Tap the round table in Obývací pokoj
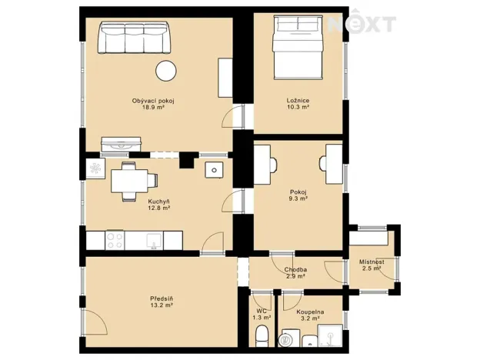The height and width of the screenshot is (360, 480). pyautogui.click(x=166, y=71)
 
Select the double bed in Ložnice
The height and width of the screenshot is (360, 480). pyautogui.click(x=298, y=45)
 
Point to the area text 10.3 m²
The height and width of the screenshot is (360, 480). pyautogui.click(x=298, y=108)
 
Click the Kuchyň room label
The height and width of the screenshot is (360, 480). pyautogui.click(x=158, y=201)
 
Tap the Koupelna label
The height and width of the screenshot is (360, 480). pyautogui.click(x=309, y=312)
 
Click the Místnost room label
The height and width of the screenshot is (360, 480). pyautogui.click(x=372, y=262)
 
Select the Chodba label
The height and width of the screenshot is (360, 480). pyautogui.click(x=296, y=269)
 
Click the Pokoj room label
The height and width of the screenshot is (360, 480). pyautogui.click(x=298, y=192)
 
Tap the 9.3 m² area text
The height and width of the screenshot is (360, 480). pyautogui.click(x=298, y=198)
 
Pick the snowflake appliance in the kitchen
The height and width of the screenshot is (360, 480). pyautogui.click(x=95, y=169)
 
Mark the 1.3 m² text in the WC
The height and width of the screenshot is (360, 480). pyautogui.click(x=261, y=318)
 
